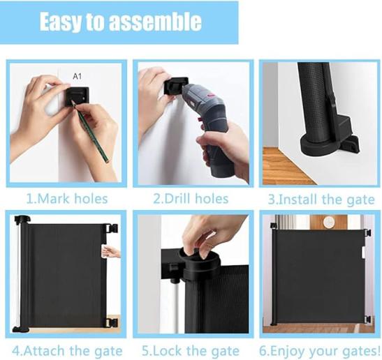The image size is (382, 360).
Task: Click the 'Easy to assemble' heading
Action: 121,22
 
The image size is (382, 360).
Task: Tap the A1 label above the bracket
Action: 78,77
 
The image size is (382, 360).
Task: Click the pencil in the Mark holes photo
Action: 89,131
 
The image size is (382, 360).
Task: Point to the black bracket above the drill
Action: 176,85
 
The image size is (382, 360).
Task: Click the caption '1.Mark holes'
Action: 67,199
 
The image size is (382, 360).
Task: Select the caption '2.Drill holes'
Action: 191,199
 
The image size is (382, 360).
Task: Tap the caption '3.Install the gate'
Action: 321,200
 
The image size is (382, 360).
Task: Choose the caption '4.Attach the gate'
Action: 67,351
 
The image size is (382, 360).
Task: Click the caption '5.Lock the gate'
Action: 191,351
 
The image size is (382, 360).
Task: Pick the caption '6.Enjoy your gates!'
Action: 320,351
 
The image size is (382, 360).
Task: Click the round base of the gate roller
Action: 320,145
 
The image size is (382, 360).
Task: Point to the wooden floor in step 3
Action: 286,166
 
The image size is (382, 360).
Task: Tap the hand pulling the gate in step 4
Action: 111,252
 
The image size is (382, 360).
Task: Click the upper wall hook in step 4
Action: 112,229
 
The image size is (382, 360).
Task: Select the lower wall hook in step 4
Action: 112,322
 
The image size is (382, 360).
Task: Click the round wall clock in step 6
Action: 329,222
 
